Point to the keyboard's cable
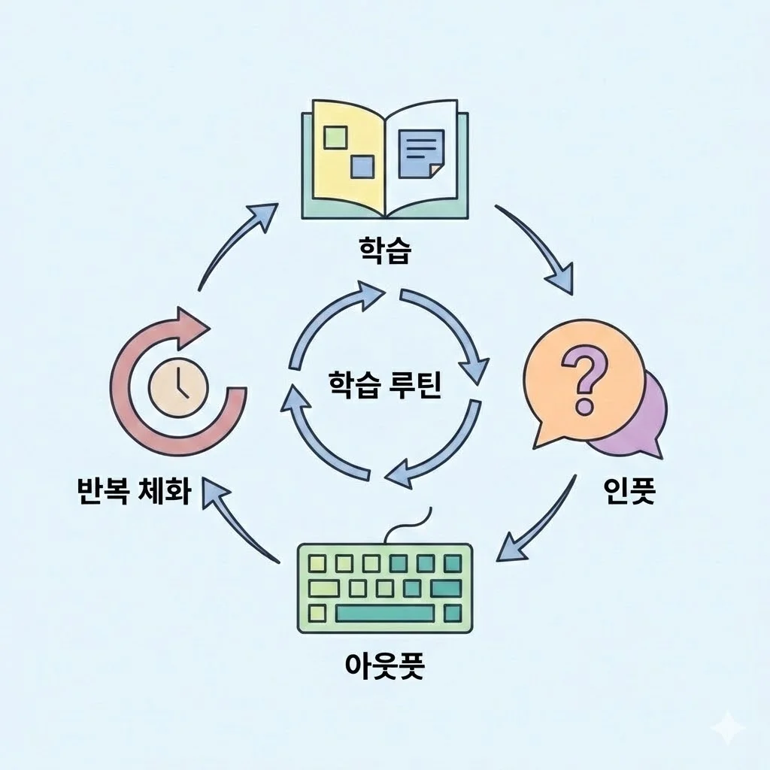(x=410, y=526)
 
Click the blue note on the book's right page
(x=422, y=152)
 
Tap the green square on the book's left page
(x=334, y=137)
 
